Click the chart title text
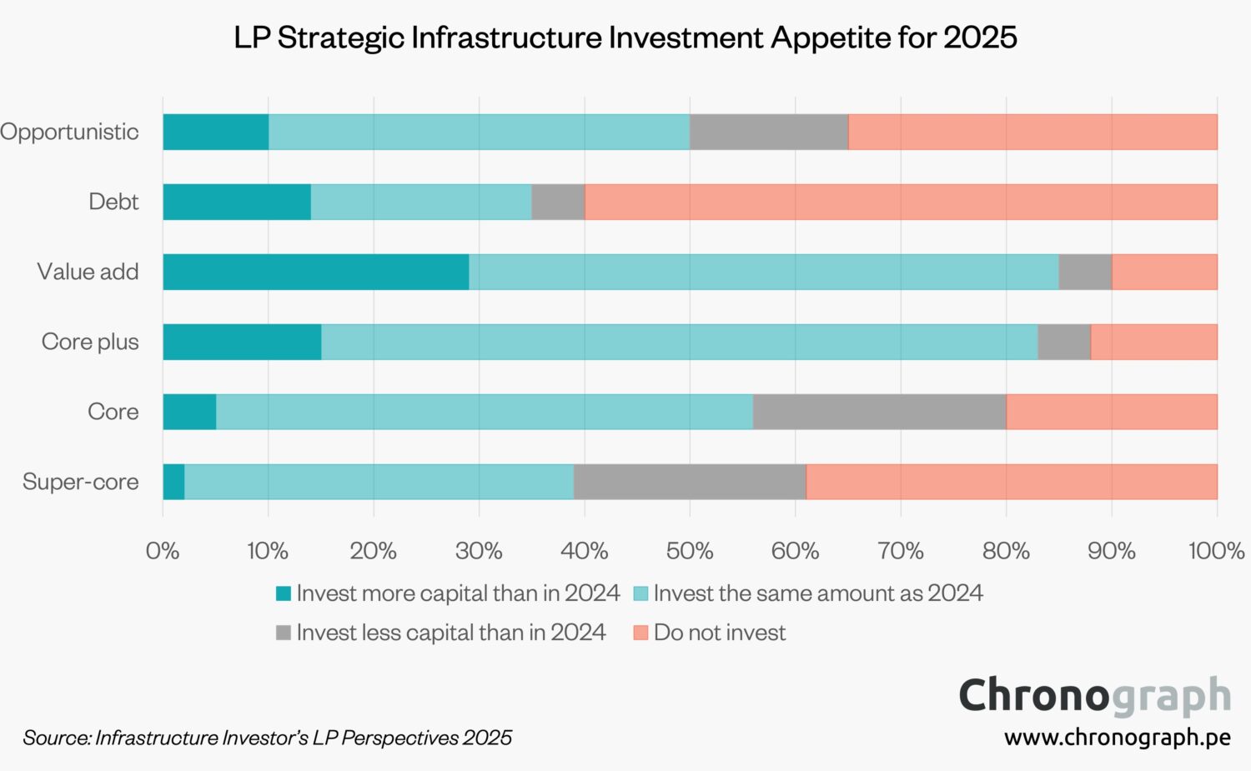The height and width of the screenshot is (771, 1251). click(x=625, y=38)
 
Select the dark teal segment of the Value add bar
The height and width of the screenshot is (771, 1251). click(x=315, y=272)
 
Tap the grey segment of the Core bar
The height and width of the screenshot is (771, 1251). click(x=879, y=412)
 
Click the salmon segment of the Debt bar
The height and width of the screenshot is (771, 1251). click(x=901, y=202)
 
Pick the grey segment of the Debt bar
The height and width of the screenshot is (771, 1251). click(x=558, y=202)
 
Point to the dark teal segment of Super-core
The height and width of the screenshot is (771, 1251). click(x=173, y=482)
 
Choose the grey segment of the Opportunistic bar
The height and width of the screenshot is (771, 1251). click(x=769, y=132)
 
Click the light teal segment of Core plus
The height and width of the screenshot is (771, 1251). click(x=679, y=342)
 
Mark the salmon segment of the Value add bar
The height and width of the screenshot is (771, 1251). click(x=1164, y=272)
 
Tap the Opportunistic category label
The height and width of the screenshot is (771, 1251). click(x=69, y=132)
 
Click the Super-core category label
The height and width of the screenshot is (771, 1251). click(x=80, y=482)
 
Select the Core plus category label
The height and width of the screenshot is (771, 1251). click(x=90, y=342)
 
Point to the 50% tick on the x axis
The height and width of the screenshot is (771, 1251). click(x=690, y=551)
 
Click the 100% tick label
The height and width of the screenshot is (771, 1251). click(x=1216, y=551)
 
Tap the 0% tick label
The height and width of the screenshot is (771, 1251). click(x=163, y=551)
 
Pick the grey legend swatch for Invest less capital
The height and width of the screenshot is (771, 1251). click(x=284, y=633)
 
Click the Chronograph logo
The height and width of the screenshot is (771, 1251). click(x=1094, y=695)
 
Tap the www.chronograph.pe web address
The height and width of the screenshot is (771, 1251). click(x=1117, y=738)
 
